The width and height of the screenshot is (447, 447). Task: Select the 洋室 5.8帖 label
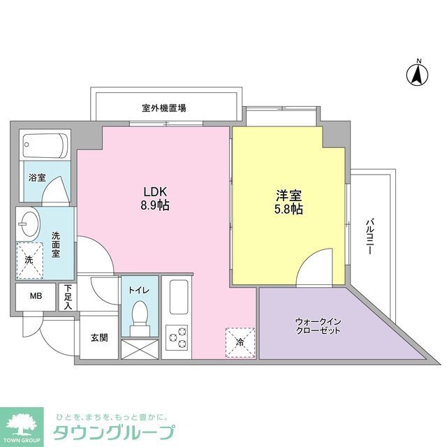pyautogui.click(x=288, y=201)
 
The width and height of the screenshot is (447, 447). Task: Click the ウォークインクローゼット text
pyautogui.click(x=318, y=325)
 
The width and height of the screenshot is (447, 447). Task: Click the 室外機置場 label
pyautogui.click(x=164, y=108)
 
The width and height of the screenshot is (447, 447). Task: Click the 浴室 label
pyautogui.click(x=37, y=177)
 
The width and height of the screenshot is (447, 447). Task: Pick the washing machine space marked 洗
pyautogui.click(x=29, y=259)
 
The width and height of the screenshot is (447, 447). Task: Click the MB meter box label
pyautogui.click(x=35, y=296)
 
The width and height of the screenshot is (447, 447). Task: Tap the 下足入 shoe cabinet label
pyautogui.click(x=68, y=297)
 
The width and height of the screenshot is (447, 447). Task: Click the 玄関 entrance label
pyautogui.click(x=98, y=338)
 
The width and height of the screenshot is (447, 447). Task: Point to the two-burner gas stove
pyautogui.click(x=177, y=338)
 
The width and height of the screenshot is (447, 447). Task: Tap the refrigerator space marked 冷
pyautogui.click(x=239, y=342)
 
